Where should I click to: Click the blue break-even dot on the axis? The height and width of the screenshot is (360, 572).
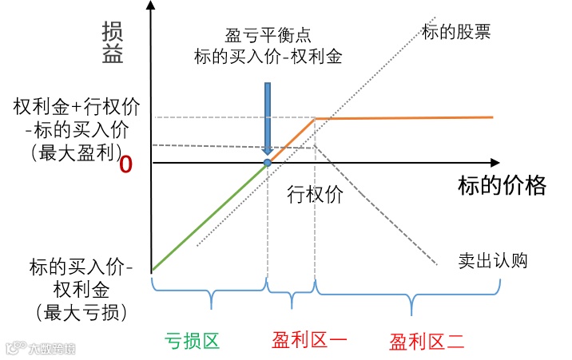(x=268, y=162)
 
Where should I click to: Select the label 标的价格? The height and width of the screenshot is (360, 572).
(x=502, y=185)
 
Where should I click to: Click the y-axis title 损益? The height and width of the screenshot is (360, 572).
(x=113, y=43)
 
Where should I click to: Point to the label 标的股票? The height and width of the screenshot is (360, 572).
(x=456, y=33)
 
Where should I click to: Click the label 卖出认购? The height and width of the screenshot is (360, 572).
(x=492, y=260)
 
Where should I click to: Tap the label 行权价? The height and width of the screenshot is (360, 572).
(x=315, y=194)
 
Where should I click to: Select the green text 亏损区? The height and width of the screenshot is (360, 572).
(x=192, y=342)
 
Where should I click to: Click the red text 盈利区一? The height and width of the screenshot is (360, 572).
(x=308, y=342)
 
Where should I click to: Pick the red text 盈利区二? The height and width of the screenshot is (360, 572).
(x=427, y=343)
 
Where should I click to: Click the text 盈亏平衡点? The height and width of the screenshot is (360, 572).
(x=268, y=36)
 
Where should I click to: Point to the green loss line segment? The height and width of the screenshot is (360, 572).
(x=208, y=216)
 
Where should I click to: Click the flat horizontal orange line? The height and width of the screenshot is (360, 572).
(x=403, y=118)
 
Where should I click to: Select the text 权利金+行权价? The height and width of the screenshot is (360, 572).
(x=76, y=106)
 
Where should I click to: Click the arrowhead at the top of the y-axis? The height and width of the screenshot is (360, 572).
(x=151, y=7)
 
